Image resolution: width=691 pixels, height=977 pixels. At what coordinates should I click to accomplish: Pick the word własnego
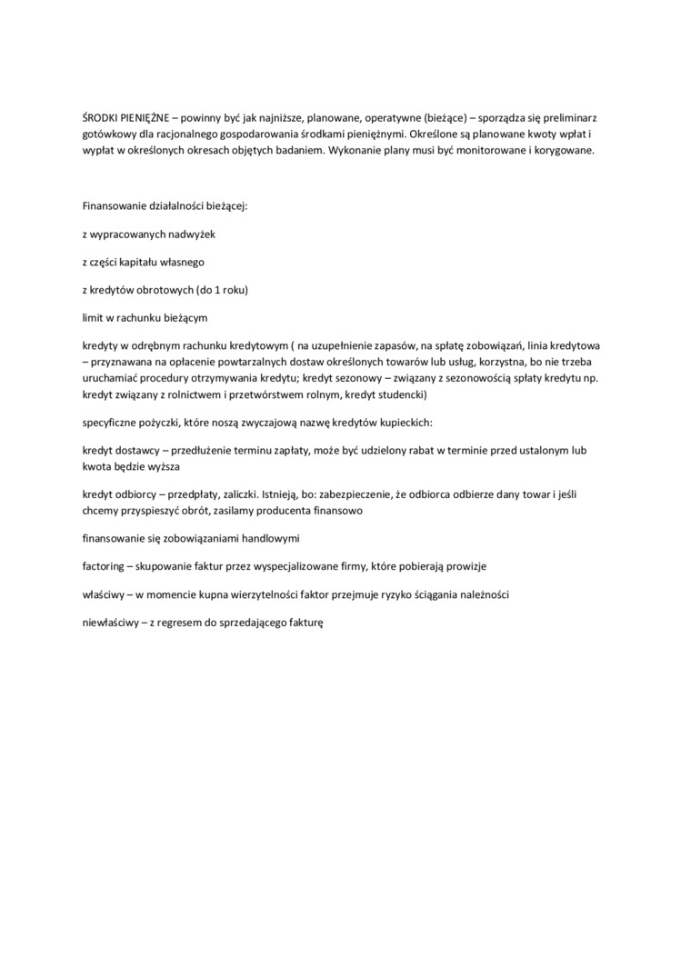tap(182, 262)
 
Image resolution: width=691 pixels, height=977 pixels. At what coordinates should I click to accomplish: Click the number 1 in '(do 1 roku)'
tap(215, 290)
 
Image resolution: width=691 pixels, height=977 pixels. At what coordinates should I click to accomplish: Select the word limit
tap(92, 318)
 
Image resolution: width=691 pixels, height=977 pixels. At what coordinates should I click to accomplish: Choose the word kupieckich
tap(405, 424)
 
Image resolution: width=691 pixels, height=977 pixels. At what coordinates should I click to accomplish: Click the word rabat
tap(403, 452)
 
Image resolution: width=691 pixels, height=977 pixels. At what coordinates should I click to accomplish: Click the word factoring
tap(103, 565)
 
